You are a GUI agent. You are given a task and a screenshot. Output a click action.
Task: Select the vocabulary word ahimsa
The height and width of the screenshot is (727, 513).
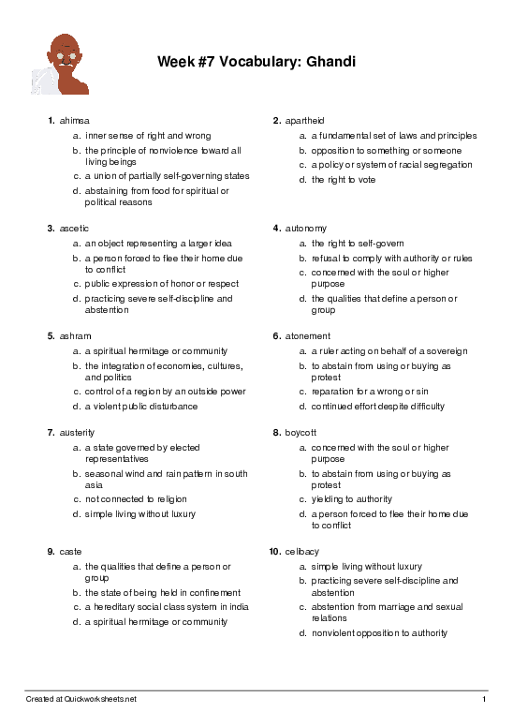(75, 121)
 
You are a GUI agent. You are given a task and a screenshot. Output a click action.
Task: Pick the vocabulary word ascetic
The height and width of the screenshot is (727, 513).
(75, 228)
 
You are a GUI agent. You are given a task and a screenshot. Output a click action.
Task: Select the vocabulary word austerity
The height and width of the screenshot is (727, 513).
(78, 433)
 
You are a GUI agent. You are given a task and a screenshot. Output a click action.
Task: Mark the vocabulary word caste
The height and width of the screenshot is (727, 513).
(71, 552)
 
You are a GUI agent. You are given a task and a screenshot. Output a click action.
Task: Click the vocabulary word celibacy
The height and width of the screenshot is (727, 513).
(302, 552)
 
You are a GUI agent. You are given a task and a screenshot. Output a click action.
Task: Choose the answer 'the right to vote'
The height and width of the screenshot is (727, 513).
(344, 180)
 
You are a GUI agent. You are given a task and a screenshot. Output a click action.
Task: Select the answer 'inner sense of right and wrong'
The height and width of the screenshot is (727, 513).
(148, 136)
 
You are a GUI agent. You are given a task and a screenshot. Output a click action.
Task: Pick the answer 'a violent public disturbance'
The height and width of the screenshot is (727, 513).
(141, 407)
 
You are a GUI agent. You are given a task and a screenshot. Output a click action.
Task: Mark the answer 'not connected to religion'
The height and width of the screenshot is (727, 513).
(136, 499)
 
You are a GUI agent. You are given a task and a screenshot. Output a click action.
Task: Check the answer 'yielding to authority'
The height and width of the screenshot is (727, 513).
(352, 499)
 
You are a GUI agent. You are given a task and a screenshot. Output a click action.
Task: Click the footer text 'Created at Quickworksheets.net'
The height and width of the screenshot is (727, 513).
(81, 699)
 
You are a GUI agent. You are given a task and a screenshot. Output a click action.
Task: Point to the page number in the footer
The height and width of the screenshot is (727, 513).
(484, 699)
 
